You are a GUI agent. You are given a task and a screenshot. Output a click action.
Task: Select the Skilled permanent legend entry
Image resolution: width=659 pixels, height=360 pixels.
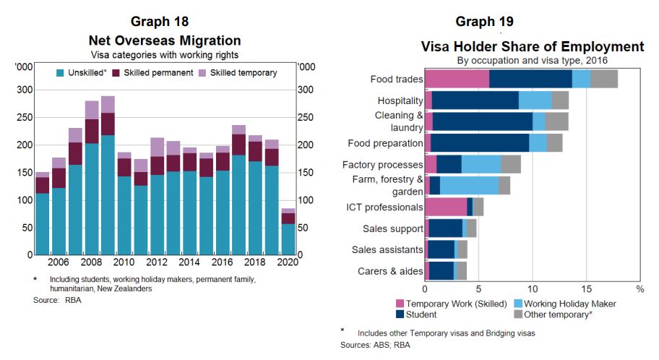158,73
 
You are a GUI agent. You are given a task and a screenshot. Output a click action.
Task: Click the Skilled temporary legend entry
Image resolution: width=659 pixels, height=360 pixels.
243,73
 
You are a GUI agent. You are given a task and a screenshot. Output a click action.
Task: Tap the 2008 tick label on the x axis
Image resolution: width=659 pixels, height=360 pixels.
91,262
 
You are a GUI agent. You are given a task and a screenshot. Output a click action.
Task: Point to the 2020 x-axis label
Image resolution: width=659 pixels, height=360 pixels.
286,262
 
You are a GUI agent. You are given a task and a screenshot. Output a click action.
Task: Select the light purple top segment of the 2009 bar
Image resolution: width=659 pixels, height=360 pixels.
108,104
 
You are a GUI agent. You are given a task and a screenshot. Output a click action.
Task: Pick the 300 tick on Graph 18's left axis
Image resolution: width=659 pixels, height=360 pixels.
25,90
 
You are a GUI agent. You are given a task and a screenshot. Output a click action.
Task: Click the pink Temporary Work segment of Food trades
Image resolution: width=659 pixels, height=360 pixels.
457,80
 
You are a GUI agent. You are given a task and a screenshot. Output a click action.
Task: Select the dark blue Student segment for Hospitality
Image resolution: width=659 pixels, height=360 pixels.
475,100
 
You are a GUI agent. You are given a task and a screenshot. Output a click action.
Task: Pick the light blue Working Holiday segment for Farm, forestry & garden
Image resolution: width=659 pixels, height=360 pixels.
469,185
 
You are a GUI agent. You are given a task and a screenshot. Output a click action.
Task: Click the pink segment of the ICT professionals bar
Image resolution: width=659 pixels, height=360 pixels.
446,207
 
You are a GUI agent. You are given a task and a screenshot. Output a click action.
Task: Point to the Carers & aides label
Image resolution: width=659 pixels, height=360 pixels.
390,271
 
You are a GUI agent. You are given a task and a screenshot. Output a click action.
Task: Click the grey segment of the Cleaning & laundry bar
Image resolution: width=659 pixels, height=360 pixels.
556,121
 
